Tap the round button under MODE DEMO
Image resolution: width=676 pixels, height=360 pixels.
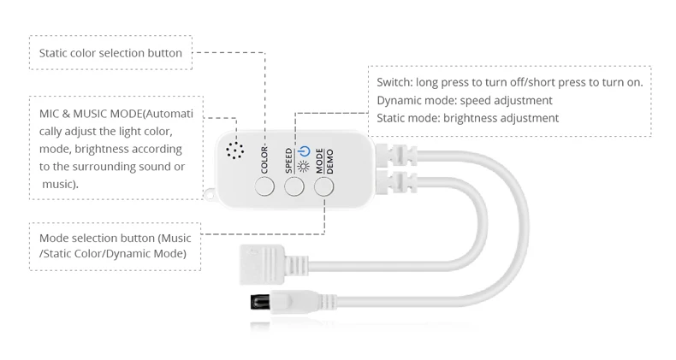click(324, 186)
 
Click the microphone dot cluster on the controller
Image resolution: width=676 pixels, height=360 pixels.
click(234, 150)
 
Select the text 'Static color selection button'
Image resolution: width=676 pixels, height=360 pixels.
click(110, 53)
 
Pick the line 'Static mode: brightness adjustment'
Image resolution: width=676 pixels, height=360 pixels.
click(467, 118)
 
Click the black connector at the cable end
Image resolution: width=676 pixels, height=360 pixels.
click(256, 302)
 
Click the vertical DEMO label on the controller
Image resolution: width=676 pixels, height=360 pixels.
click(329, 158)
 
